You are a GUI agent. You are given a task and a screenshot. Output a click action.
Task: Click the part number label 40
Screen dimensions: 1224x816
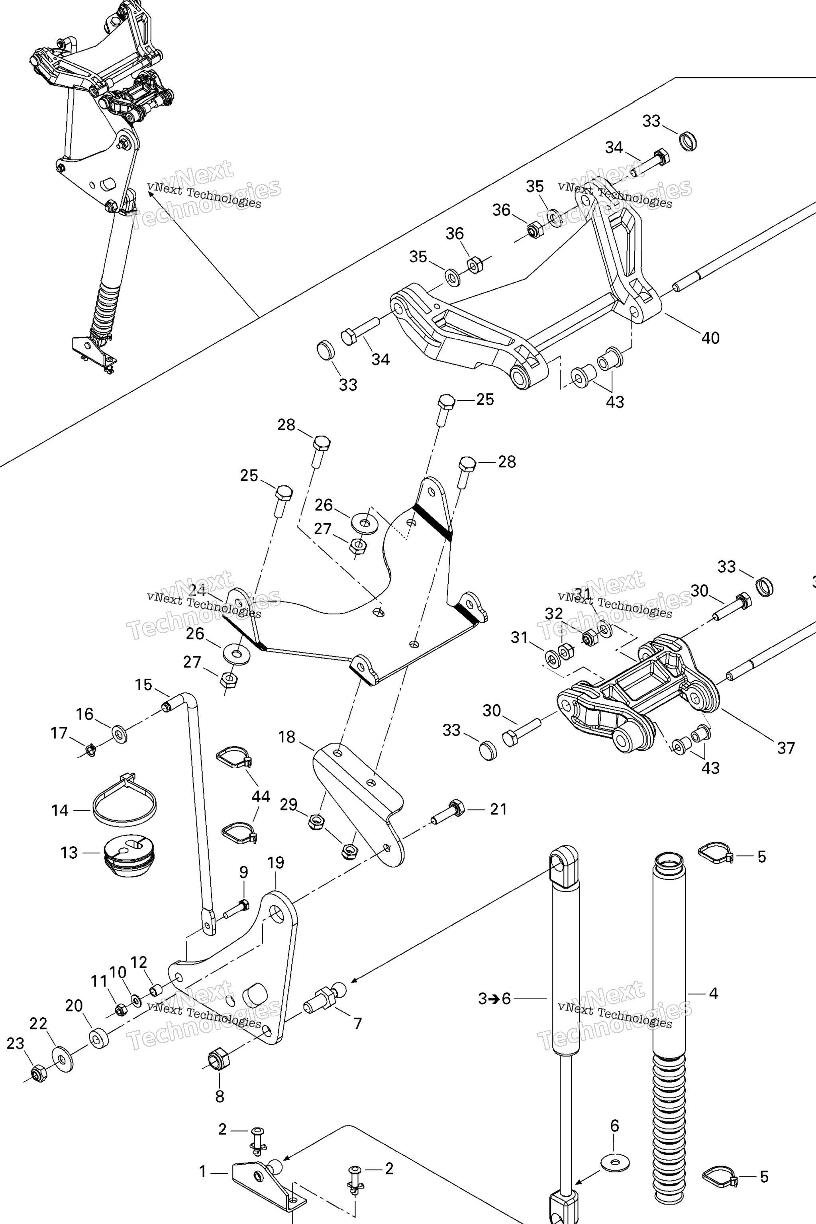[x=710, y=338]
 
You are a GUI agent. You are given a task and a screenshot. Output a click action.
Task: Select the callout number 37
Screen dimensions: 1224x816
[x=786, y=748]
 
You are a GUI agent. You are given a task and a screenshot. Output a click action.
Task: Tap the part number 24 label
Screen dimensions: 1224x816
[x=197, y=590]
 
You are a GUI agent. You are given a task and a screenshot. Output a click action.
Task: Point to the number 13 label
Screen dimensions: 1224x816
[x=69, y=853]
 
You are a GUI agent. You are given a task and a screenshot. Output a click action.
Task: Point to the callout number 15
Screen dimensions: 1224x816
[x=143, y=685]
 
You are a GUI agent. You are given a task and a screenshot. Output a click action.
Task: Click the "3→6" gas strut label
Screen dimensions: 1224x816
[x=494, y=998]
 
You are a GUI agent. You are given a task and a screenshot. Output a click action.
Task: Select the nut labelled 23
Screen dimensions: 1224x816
[x=37, y=1073]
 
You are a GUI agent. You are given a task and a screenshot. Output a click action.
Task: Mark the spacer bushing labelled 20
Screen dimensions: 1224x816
[x=98, y=1039]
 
